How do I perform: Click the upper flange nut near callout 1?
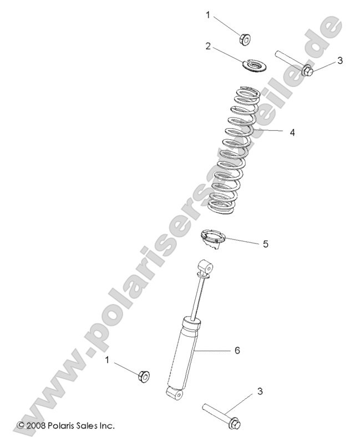coord(245,38)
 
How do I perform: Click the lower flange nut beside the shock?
coord(142,376)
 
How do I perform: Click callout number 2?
coord(208,46)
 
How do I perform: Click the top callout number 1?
coord(208,15)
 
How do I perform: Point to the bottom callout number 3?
coord(260,392)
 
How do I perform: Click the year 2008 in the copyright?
coord(38,425)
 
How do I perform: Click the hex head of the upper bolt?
coord(307,70)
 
